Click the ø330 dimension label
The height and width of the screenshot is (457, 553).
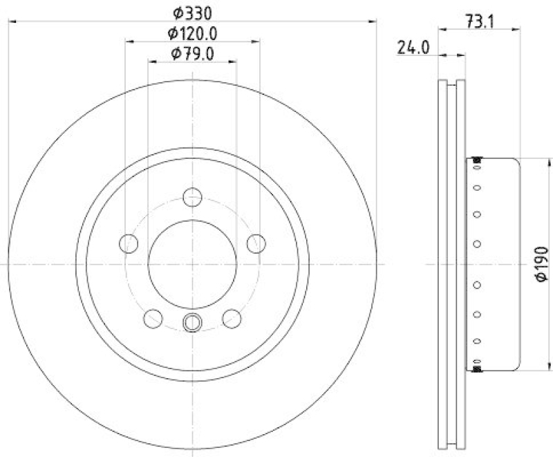(x=191, y=12)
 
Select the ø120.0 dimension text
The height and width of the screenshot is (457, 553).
(x=191, y=32)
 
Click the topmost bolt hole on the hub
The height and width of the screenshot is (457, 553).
(x=192, y=197)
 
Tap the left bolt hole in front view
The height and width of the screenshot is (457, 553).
(x=128, y=243)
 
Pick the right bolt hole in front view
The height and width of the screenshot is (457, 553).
(x=256, y=243)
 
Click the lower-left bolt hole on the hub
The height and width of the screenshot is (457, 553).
(x=153, y=318)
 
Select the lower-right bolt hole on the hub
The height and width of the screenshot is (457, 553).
(x=232, y=318)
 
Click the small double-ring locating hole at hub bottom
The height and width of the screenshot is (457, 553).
(x=192, y=322)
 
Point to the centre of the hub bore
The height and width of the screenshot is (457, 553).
(x=192, y=264)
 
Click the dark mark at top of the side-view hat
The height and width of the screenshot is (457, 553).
(x=476, y=161)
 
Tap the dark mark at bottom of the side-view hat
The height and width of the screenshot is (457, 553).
(x=476, y=368)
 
